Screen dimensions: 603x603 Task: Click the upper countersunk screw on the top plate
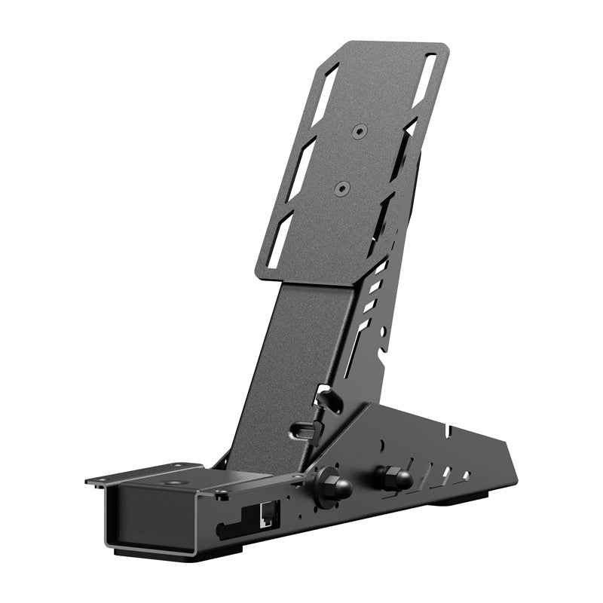pos(359,130)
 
